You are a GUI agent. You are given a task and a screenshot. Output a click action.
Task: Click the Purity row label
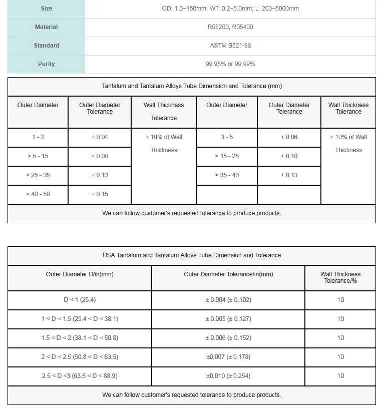point(46,64)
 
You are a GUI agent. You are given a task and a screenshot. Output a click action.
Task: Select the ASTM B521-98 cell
point(230,46)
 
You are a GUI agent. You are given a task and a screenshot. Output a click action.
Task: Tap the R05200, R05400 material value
point(230,27)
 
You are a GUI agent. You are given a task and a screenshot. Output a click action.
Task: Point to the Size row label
point(46,9)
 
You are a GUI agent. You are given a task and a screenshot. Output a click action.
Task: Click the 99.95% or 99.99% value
point(230,64)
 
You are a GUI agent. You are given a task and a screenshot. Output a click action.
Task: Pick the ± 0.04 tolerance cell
point(100,137)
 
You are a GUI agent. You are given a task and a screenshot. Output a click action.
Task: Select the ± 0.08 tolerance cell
point(100,156)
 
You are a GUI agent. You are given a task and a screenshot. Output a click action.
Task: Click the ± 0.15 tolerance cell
point(100,194)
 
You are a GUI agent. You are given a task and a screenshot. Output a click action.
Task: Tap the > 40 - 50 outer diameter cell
point(38,194)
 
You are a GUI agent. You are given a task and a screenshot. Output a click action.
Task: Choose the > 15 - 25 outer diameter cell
point(227,156)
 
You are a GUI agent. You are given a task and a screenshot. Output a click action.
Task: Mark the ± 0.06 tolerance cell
point(289,137)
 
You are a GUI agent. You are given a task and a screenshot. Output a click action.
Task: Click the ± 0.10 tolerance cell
point(289,156)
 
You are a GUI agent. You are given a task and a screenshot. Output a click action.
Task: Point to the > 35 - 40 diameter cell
point(227,175)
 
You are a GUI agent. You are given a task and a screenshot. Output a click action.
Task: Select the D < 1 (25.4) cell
point(80,300)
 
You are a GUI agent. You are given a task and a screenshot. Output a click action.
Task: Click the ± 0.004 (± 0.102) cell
point(228,300)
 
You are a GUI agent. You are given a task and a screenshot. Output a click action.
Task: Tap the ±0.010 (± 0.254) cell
point(228,376)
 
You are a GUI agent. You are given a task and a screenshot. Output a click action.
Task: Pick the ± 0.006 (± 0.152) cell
point(228,338)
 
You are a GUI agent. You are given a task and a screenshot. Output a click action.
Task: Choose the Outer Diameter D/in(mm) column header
point(80,274)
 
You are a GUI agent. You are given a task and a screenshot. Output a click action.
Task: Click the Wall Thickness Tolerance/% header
point(340,277)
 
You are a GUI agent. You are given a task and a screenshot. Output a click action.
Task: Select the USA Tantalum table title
point(192,255)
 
